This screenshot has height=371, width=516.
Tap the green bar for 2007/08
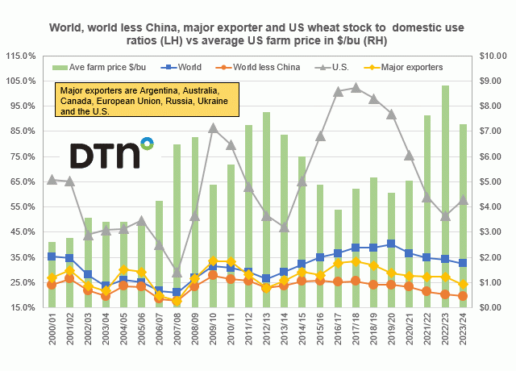click(x=177, y=226)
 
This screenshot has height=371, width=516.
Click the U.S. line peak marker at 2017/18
click(x=356, y=87)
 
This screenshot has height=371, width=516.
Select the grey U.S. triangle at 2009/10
click(x=213, y=128)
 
